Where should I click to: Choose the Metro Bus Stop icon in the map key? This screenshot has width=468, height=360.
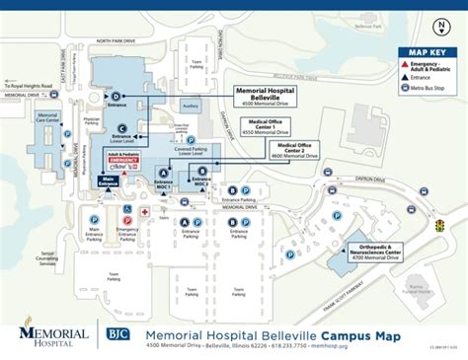pyautogui.click(x=405, y=88)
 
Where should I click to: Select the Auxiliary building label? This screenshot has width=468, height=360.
pyautogui.click(x=192, y=104)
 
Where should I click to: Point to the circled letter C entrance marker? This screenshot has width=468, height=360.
pyautogui.click(x=121, y=128)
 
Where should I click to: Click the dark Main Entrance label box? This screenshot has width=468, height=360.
pyautogui.click(x=108, y=180)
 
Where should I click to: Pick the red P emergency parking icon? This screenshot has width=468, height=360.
pyautogui.click(x=126, y=208)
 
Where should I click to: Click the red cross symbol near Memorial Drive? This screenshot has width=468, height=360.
pyautogui.click(x=145, y=211)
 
